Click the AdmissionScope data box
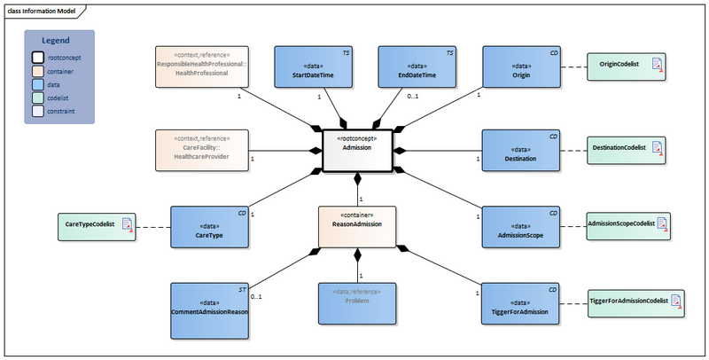[521, 229]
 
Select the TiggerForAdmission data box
[521, 304]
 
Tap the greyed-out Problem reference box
[356, 304]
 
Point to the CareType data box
[208, 229]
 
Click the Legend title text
[59, 41]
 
